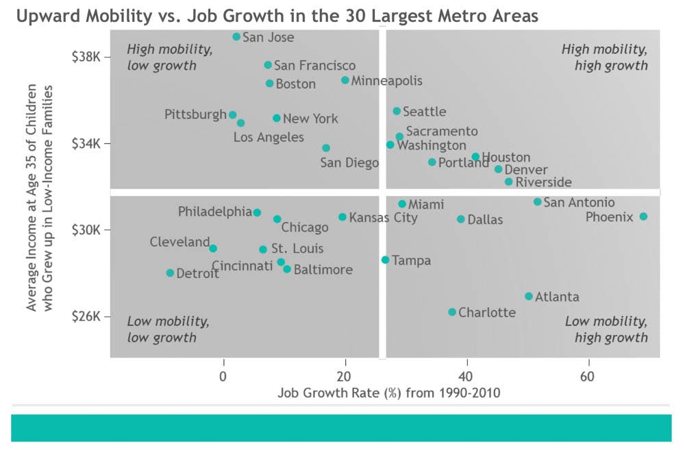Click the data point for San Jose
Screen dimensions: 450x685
(236, 37)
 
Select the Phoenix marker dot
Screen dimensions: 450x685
(643, 216)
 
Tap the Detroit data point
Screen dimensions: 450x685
(170, 273)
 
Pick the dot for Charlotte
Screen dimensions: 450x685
(452, 312)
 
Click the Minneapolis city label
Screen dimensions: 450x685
(386, 81)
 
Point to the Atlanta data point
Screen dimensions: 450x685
(528, 297)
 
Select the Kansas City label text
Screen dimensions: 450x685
(383, 218)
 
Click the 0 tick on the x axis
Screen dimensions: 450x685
(223, 376)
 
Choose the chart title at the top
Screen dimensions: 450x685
(277, 16)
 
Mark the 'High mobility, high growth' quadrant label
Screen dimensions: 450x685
(604, 58)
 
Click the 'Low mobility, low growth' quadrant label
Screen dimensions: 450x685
(169, 329)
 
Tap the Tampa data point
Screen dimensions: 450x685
(385, 260)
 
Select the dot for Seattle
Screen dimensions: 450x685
(397, 111)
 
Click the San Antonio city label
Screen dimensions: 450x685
(579, 203)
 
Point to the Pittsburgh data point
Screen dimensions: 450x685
(232, 115)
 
